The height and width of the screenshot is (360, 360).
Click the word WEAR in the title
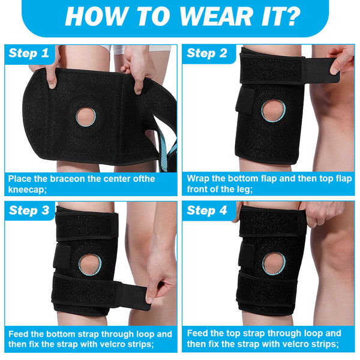(x=215, y=17)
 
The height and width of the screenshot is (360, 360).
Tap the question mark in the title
(x=290, y=17)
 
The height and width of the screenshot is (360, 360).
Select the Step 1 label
(x=29, y=53)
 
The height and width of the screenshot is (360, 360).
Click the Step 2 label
(x=207, y=53)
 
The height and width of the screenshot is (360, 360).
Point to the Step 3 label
(x=29, y=211)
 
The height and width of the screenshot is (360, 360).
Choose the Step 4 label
(x=207, y=211)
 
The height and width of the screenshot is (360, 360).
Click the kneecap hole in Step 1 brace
(x=86, y=117)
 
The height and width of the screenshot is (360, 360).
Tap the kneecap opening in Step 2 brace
(x=273, y=110)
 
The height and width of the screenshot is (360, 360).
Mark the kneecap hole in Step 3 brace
(x=90, y=265)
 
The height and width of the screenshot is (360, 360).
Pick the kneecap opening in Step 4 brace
(x=274, y=263)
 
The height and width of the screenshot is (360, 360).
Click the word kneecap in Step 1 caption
(x=28, y=190)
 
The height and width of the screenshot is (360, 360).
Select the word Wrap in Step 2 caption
(x=198, y=179)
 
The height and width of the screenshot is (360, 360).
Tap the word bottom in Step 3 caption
(x=61, y=334)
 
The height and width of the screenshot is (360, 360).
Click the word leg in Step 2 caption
(x=245, y=190)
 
